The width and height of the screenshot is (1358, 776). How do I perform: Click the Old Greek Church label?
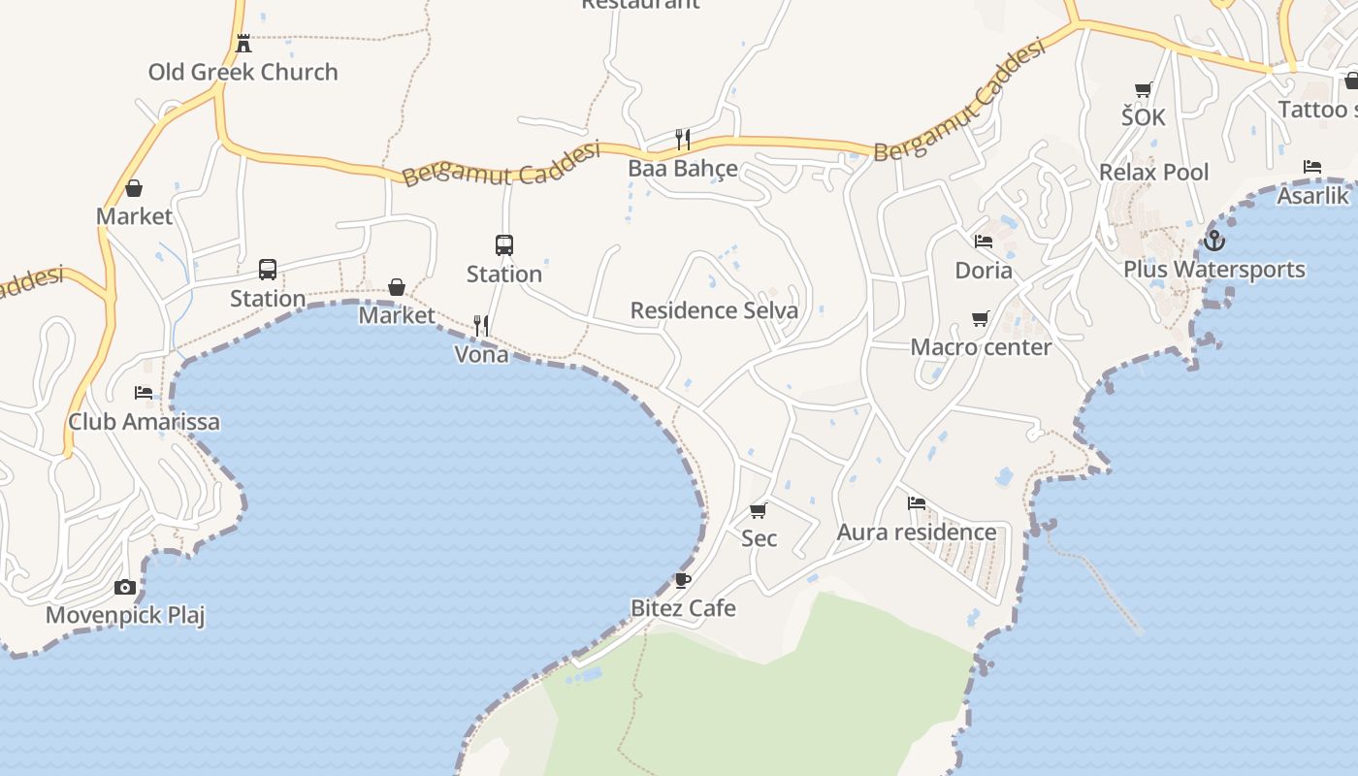click(242, 72)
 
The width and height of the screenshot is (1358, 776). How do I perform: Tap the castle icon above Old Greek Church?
click(243, 44)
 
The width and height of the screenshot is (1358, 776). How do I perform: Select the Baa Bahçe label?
click(683, 168)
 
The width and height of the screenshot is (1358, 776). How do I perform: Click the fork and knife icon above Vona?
click(481, 326)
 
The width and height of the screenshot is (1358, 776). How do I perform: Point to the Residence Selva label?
click(714, 310)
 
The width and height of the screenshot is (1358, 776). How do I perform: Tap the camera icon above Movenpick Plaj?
click(125, 587)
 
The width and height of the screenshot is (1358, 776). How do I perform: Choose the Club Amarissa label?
click(144, 422)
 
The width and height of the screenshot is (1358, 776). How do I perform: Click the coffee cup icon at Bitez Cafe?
click(683, 580)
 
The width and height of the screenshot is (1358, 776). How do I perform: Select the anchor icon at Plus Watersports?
click(1213, 240)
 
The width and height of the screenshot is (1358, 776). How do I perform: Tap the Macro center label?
click(981, 347)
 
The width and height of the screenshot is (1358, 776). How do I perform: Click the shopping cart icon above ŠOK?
click(1144, 90)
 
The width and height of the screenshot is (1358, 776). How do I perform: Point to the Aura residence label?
click(917, 532)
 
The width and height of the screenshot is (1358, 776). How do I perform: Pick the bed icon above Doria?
click(984, 242)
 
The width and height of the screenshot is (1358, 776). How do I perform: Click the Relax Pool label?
click(1153, 173)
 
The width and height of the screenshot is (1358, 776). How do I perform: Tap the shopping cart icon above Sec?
click(759, 510)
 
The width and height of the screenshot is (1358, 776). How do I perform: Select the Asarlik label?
click(1312, 195)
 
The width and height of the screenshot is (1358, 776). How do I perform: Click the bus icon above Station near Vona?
click(504, 245)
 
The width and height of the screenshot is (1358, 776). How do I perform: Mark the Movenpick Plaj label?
click(125, 615)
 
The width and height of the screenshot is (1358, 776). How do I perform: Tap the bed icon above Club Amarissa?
click(144, 393)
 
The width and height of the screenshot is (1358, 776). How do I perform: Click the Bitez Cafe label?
click(683, 608)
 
